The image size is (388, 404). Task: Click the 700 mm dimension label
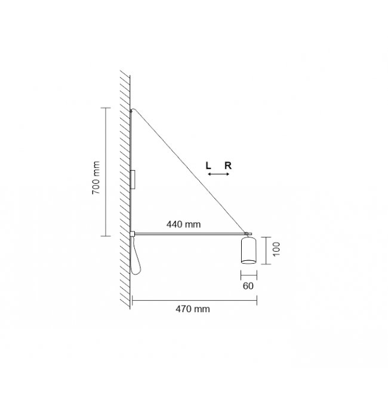(x=96, y=177)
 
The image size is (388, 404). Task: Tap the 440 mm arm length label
(x=183, y=224)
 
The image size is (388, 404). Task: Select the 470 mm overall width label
(x=193, y=309)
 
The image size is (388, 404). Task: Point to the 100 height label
(x=276, y=249)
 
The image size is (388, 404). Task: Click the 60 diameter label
(x=248, y=286)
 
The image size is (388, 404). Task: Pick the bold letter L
(x=208, y=166)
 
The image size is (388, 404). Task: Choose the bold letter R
(x=228, y=166)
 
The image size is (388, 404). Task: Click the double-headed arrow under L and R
(x=218, y=174)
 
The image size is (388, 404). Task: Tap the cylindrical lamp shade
(x=248, y=250)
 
